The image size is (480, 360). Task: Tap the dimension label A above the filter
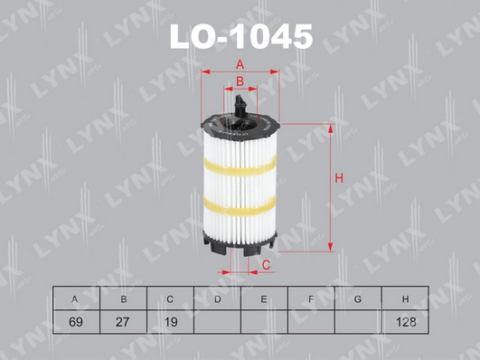(240, 63)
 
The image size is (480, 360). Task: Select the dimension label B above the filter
(240, 82)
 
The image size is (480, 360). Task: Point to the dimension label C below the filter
(267, 264)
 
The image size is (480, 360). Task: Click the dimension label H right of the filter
(338, 177)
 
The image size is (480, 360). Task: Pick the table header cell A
(75, 298)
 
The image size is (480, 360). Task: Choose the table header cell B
(123, 298)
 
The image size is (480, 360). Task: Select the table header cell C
(170, 298)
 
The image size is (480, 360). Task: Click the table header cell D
(217, 298)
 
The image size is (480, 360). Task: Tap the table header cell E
(264, 298)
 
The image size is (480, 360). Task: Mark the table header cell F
(311, 298)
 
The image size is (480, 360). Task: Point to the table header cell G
(358, 298)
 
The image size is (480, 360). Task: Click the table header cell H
(405, 298)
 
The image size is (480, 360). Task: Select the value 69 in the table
(75, 321)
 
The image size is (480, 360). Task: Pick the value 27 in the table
(123, 321)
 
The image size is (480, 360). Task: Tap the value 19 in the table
(170, 321)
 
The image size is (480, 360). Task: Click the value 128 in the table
(405, 321)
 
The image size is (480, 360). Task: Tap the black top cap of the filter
(240, 120)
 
